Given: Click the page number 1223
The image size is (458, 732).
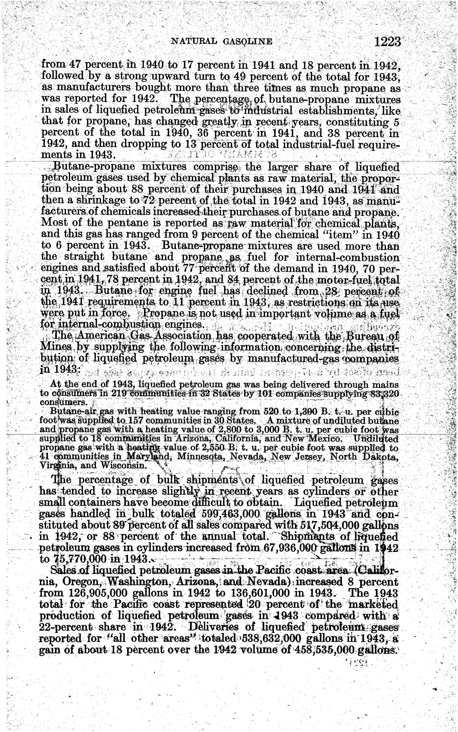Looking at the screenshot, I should click(387, 41).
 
